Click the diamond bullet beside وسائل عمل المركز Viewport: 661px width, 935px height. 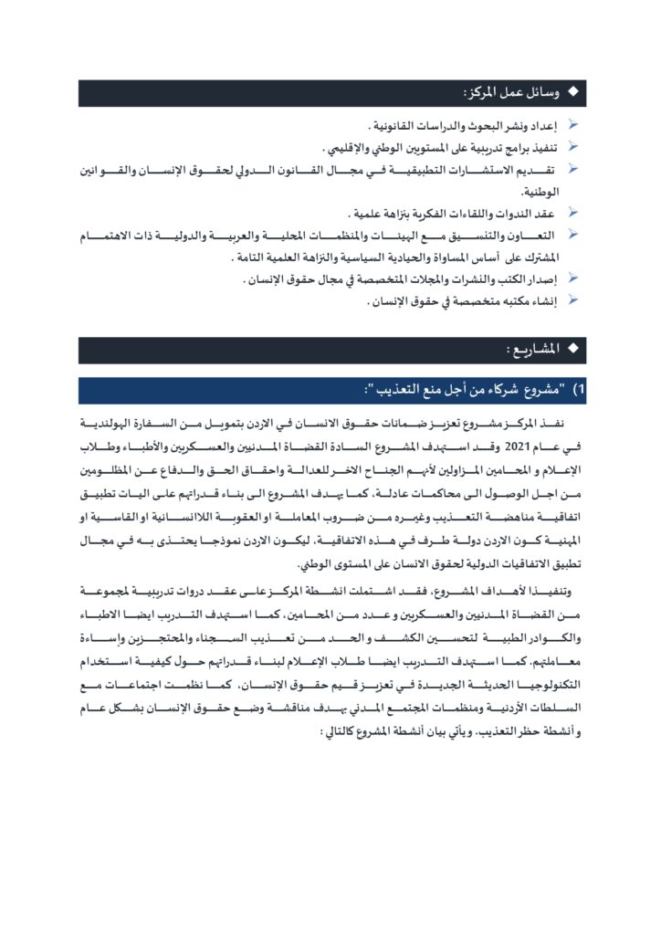(573, 93)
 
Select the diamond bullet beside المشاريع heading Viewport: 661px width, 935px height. (573, 350)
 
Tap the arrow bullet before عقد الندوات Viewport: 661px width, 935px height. (573, 213)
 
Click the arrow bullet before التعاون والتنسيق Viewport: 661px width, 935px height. (573, 236)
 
